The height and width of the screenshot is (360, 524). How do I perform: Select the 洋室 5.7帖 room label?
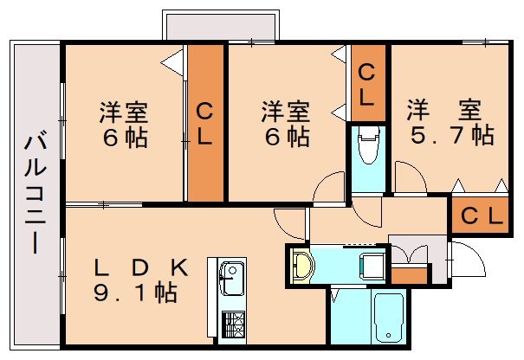450,124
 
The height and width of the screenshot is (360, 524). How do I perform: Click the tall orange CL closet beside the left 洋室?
205,123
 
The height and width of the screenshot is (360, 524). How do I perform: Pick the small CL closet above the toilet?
366,84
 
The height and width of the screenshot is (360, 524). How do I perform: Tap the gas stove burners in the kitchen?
231,325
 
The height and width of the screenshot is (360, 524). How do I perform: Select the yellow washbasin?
301,265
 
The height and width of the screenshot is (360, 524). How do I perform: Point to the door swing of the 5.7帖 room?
410,177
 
